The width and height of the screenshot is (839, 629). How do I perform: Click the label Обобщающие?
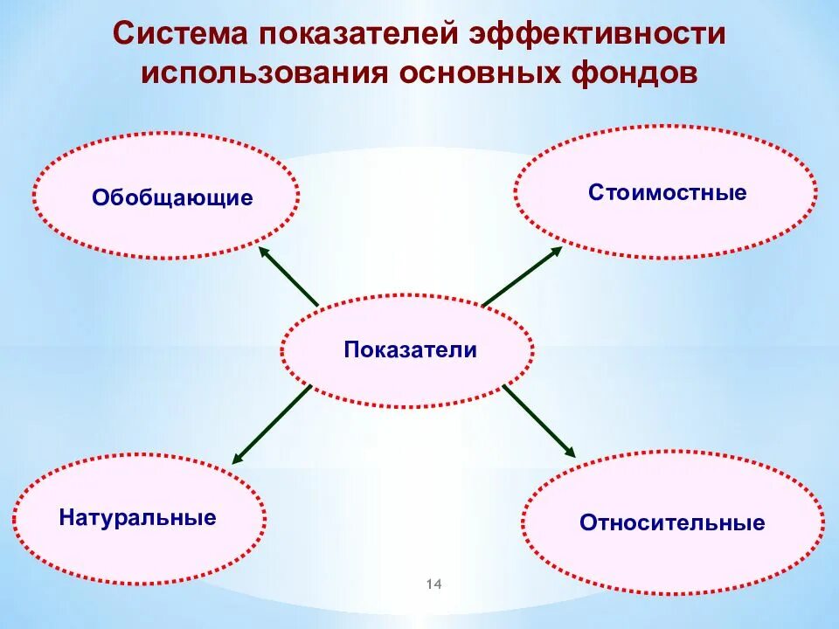click(172, 198)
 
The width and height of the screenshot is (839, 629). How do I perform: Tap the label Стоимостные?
click(667, 192)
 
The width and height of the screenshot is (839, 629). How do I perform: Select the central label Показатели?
click(410, 350)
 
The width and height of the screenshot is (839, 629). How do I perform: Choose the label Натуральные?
click(138, 517)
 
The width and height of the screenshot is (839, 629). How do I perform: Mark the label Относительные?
click(671, 523)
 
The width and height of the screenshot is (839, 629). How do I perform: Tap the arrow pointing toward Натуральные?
click(272, 424)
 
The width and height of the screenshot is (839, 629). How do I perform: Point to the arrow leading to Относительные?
click(539, 421)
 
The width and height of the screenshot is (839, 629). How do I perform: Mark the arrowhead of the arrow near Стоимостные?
click(558, 250)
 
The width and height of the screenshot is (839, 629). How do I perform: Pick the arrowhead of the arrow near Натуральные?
click(237, 458)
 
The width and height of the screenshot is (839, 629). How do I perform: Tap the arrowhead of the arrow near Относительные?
click(571, 453)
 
